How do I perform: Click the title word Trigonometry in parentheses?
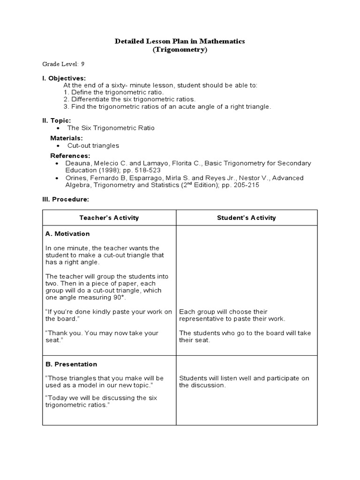[x=180, y=50]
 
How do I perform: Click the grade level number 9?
[x=82, y=64]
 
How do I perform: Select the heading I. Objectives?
[x=64, y=78]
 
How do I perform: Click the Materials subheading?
[x=67, y=138]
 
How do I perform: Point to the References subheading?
[x=70, y=156]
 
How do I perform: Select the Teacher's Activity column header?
[x=109, y=217]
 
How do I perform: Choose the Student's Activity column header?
[x=247, y=217]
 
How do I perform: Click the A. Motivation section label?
[x=67, y=233]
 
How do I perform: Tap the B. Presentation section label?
[x=71, y=364]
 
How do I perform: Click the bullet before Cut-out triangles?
[x=57, y=146]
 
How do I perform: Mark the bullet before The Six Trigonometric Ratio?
[x=57, y=128]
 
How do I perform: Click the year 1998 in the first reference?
[x=108, y=170]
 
